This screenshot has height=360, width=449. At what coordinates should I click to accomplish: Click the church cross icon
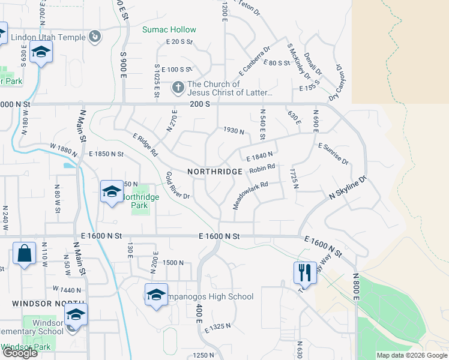[x=178, y=88]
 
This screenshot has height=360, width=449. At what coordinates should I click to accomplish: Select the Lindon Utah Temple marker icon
[x=94, y=38]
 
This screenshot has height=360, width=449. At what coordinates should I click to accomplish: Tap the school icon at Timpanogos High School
[x=155, y=295]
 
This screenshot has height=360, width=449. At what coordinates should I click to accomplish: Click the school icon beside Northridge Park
[x=112, y=192]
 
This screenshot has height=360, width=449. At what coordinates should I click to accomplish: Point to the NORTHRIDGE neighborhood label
[x=215, y=171]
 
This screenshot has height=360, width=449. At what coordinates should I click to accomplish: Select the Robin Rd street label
[x=262, y=170]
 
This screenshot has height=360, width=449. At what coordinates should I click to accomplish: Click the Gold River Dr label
[x=178, y=185]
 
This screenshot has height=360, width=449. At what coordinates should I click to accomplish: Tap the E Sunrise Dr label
[x=333, y=154]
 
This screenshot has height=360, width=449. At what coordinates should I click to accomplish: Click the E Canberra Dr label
[x=255, y=59]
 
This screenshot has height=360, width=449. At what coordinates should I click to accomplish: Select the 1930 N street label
[x=234, y=131]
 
